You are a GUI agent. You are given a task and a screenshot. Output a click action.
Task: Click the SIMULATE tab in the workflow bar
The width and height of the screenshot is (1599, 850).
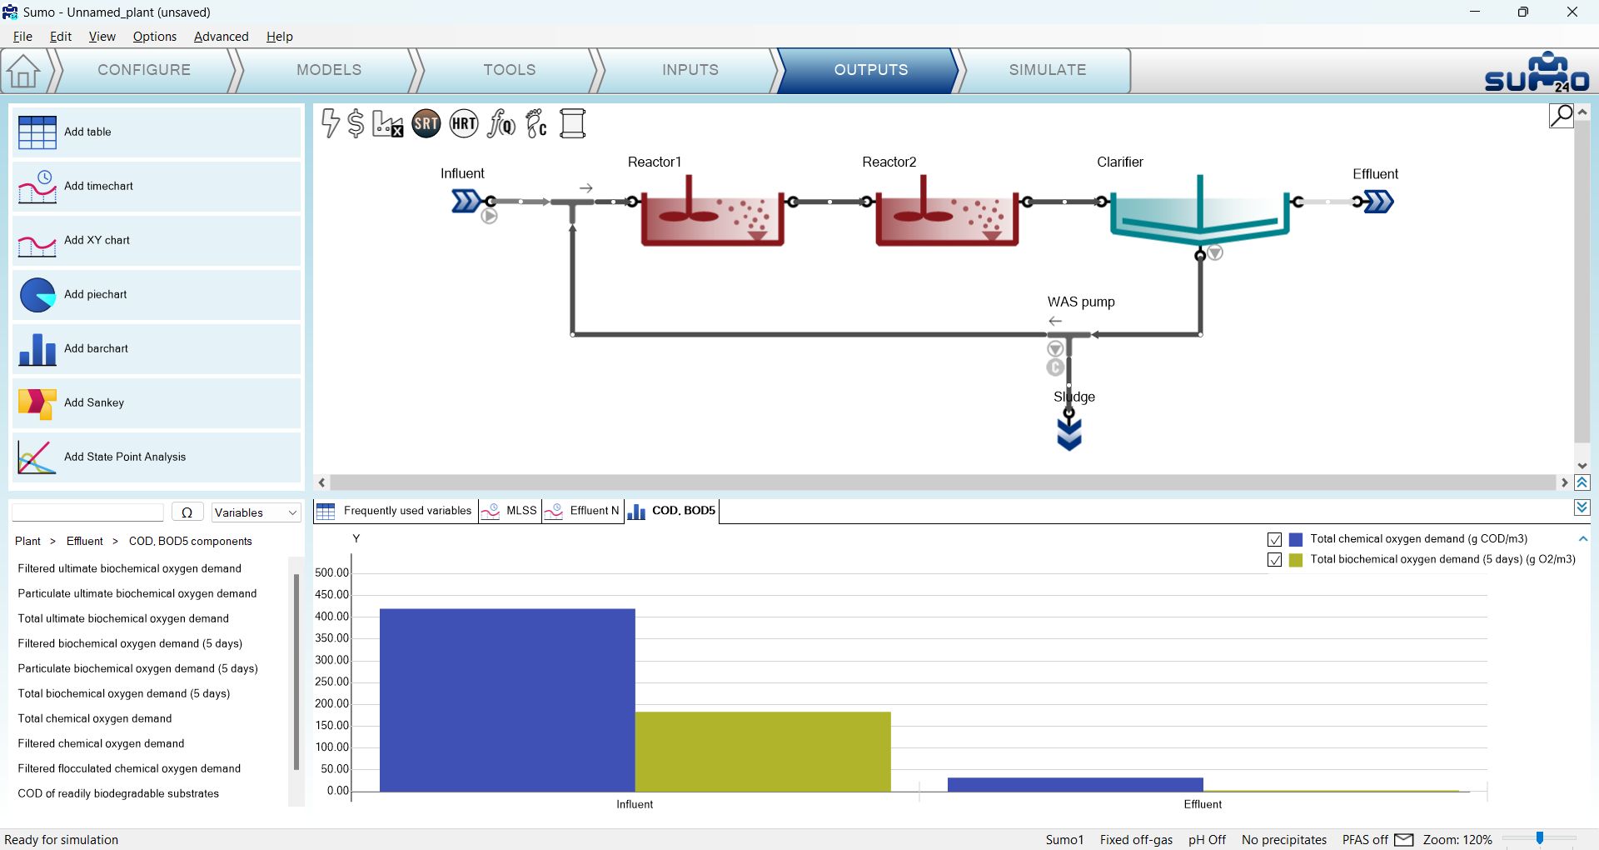1047,70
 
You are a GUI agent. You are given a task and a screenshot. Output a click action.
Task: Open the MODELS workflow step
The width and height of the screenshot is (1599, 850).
329,70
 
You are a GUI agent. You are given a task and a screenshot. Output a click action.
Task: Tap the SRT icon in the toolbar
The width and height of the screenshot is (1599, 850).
426,124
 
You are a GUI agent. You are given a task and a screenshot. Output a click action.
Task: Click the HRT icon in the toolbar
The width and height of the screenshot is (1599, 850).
464,124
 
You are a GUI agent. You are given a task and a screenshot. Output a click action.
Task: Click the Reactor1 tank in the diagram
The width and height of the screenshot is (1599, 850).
712,217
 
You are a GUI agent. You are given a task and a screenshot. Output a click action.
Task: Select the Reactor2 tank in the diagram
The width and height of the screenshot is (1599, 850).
947,217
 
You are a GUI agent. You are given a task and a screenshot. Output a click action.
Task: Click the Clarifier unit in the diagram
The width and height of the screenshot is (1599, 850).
1199,212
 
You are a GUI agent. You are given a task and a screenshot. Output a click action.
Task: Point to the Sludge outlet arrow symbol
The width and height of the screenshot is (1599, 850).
1069,434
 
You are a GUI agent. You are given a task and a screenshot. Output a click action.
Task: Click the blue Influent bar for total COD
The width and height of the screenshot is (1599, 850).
507,700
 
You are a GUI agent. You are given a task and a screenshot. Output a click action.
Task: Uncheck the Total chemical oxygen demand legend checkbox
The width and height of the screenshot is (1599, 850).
1274,539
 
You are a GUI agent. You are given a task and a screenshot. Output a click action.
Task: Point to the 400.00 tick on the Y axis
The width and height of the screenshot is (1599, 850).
331,617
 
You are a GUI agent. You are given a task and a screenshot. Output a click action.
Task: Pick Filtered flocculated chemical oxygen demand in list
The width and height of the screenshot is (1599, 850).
129,768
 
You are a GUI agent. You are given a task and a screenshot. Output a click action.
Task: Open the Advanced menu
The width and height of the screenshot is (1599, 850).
221,37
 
